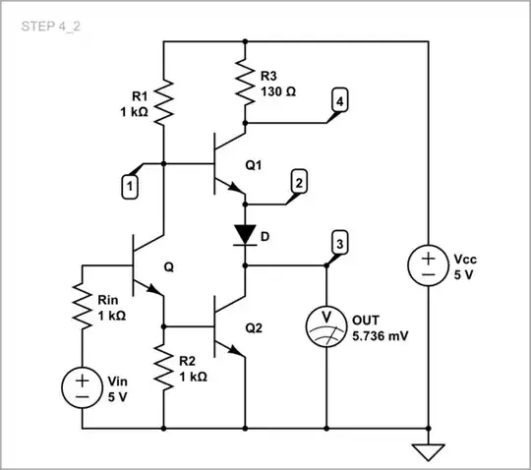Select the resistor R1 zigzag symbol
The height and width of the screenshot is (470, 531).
point(164,98)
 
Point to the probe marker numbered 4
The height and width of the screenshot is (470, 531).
point(339,101)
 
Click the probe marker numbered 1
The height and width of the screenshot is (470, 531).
point(128,183)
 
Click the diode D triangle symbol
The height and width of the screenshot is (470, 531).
point(245,234)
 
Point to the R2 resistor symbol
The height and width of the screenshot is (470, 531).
point(164,369)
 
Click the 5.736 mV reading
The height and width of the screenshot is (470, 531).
point(381,335)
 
